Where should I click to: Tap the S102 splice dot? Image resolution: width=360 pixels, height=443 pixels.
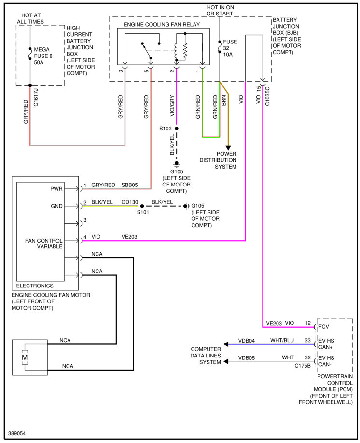177,129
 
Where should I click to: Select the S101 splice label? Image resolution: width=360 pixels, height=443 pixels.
142,212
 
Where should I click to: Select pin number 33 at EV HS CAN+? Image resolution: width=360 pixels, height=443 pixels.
307,340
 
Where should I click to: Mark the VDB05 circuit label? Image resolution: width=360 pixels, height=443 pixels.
247,358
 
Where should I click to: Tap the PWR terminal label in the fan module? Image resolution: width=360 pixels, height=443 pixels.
56,189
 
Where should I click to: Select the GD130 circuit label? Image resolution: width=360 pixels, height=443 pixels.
130,202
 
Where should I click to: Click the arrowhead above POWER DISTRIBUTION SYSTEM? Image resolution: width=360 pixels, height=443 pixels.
228,147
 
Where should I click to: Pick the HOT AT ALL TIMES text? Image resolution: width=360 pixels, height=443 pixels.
30,18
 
